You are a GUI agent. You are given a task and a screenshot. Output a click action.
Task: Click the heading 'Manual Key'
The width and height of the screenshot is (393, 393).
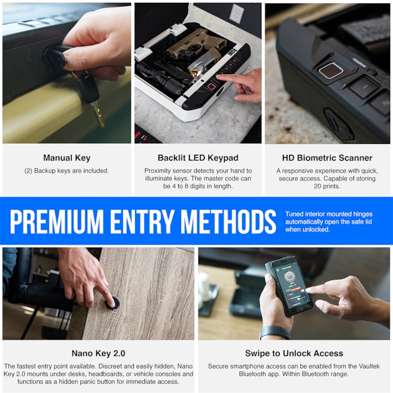pyautogui.click(x=66, y=158)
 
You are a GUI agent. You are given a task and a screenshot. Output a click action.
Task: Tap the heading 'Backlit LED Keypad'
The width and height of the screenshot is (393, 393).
pyautogui.click(x=197, y=158)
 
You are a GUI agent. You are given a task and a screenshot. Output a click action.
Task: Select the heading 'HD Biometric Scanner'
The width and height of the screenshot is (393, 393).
pyautogui.click(x=327, y=158)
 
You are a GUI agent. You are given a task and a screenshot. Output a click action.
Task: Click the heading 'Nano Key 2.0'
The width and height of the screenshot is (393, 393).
pyautogui.click(x=98, y=353)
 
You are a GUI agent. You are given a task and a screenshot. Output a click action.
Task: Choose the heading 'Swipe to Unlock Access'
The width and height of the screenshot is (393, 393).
pyautogui.click(x=294, y=353)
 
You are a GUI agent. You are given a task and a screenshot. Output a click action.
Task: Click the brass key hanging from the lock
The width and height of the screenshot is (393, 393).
pyautogui.click(x=97, y=113)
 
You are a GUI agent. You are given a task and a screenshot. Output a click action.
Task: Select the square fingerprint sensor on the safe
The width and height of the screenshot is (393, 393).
pyautogui.click(x=330, y=70)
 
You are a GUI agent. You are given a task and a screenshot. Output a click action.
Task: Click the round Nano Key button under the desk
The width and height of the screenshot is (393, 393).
pyautogui.click(x=113, y=303)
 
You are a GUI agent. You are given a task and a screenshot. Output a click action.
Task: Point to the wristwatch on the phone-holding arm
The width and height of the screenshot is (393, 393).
pyautogui.click(x=274, y=332)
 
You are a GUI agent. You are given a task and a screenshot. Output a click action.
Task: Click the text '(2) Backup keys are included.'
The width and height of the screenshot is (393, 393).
pyautogui.click(x=66, y=171)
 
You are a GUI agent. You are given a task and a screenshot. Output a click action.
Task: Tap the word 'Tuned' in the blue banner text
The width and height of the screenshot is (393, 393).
pyautogui.click(x=295, y=214)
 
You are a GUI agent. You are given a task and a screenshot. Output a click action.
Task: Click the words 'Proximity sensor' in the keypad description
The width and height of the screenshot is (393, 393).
pyautogui.click(x=169, y=171)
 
